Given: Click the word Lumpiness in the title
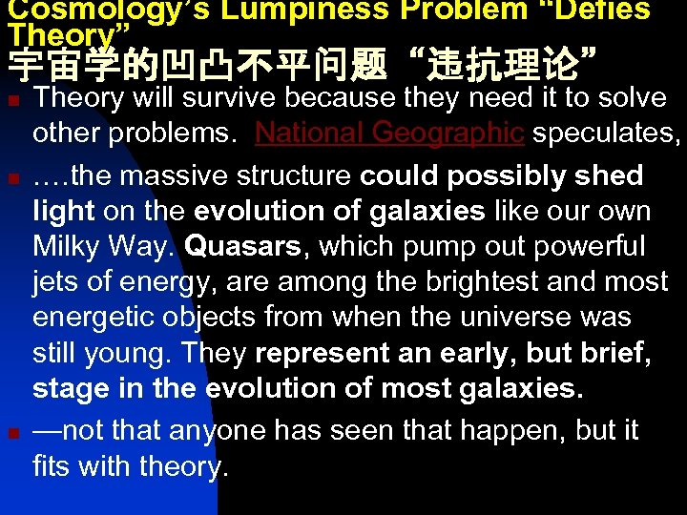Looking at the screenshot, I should coord(292,10).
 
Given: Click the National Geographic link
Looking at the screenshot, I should coord(390,134).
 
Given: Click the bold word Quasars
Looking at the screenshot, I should coord(242,246).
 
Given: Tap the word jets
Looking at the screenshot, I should coord(56,281).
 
